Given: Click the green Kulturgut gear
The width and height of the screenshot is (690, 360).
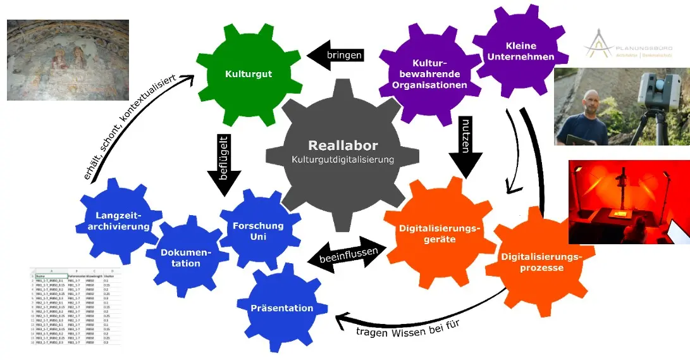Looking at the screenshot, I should click(x=249, y=74).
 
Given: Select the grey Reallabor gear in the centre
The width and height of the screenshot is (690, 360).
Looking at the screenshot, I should click(x=342, y=154).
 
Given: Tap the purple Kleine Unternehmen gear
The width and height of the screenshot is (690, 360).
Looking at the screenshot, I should click(x=521, y=51).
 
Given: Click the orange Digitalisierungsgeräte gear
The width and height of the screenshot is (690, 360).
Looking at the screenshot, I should click(x=440, y=233).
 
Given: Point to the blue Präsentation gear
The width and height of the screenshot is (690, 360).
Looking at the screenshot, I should click(x=281, y=308).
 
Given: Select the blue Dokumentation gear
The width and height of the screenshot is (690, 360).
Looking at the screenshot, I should click(x=185, y=258).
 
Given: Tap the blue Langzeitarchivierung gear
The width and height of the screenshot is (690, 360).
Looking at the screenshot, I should click(x=118, y=220).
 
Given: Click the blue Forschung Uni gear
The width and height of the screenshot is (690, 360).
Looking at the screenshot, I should click(x=258, y=230).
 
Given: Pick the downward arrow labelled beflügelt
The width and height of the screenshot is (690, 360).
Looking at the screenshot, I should click(x=224, y=167).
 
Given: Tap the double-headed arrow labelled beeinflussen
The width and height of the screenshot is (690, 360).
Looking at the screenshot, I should click(x=347, y=254).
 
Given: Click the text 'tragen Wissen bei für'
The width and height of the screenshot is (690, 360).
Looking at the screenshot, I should click(x=406, y=329).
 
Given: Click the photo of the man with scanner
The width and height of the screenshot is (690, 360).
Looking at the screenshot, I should click(x=621, y=107).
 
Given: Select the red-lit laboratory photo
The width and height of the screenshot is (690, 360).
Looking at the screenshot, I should click(x=629, y=202).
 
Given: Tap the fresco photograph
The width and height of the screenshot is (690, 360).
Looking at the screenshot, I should click(x=68, y=60).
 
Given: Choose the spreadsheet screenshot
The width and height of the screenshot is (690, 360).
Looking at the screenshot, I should click(x=76, y=309).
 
